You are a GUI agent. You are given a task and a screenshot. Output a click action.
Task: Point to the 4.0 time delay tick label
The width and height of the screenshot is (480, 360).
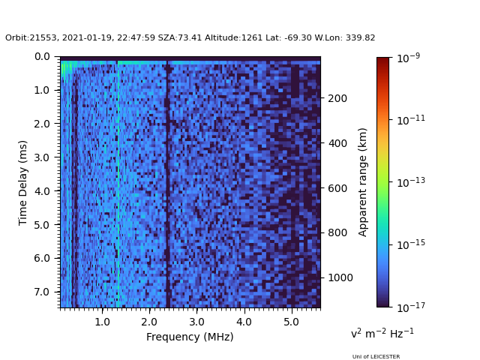tap(42, 191)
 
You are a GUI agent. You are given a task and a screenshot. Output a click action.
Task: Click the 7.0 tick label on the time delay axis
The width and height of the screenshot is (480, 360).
tap(42, 292)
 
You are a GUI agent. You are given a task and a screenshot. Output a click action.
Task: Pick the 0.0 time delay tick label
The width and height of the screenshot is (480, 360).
tap(42, 57)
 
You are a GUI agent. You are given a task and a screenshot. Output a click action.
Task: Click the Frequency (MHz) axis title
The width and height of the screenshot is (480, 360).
tap(190, 337)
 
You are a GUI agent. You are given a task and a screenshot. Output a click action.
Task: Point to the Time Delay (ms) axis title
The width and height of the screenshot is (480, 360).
tap(23, 182)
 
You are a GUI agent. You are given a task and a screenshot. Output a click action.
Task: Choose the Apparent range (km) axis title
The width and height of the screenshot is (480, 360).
tap(363, 182)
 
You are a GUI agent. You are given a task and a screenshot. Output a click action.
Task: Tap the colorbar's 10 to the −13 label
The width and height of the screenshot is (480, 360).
tap(410, 182)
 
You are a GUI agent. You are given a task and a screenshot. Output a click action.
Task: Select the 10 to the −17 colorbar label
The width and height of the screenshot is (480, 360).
tap(410, 307)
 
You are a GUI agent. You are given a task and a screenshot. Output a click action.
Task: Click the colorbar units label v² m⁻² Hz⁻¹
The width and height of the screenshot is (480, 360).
tap(382, 333)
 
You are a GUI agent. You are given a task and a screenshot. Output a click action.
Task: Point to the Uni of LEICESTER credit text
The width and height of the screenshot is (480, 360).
tap(376, 357)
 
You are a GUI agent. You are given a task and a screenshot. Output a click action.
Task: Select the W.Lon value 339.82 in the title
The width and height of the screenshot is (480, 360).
tap(361, 38)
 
